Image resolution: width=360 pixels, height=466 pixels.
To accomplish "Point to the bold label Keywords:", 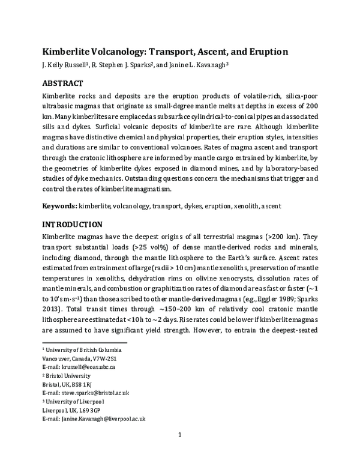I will point(59,206).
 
